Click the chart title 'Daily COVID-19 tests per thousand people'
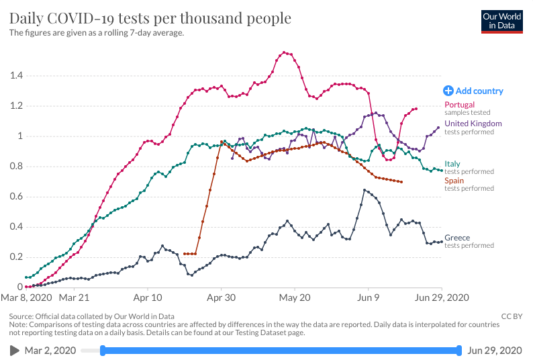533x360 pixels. (150, 18)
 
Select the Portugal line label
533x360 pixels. (459, 105)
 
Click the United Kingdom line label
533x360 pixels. (473, 124)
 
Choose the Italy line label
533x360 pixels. (452, 164)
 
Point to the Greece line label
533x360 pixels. (457, 238)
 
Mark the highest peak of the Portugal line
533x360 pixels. (285, 52)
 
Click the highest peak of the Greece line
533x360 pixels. (365, 190)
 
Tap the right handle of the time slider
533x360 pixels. (458, 350)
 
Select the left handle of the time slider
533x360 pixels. (103, 350)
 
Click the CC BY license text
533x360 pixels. (512, 316)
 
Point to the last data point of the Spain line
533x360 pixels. (401, 182)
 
